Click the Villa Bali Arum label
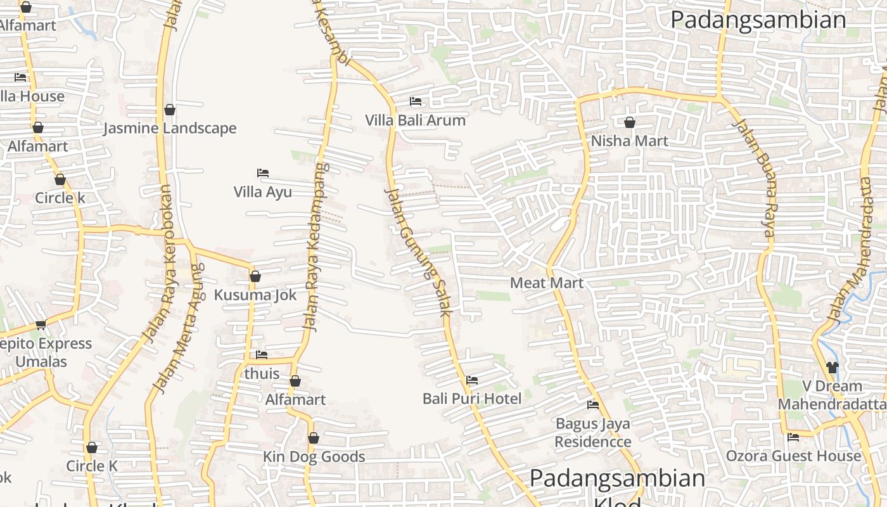(x=415, y=120)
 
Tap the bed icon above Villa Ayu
(x=263, y=173)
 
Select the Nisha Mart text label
(x=629, y=141)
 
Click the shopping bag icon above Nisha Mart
(x=630, y=122)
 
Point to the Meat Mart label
(x=546, y=283)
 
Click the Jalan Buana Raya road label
(x=753, y=178)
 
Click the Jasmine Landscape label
(x=170, y=128)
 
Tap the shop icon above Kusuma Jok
(x=255, y=276)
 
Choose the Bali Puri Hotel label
(x=472, y=399)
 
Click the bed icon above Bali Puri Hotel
(x=472, y=380)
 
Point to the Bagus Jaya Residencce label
(x=593, y=432)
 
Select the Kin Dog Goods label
(x=314, y=457)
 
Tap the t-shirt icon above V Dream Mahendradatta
(x=832, y=367)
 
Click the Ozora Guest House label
(x=793, y=456)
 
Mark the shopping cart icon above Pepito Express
(x=41, y=325)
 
